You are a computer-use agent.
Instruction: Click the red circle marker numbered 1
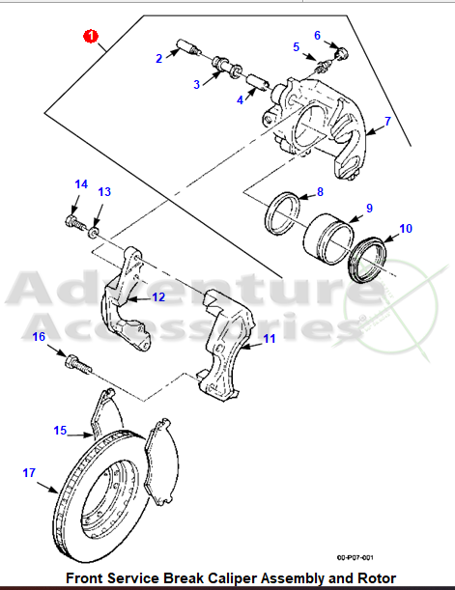[90, 37]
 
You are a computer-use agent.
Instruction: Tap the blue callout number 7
[387, 121]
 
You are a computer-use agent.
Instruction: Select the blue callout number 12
[158, 297]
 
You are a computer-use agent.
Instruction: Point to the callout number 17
[29, 472]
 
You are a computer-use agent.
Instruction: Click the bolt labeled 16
[78, 364]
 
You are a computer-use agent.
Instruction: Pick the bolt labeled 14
[76, 223]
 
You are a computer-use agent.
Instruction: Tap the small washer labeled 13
[94, 232]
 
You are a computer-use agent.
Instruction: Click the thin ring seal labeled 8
[283, 212]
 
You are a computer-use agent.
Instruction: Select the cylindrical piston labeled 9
[328, 239]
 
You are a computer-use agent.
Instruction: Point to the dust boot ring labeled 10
[367, 260]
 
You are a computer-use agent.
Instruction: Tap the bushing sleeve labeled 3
[228, 67]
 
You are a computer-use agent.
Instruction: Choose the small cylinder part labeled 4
[258, 83]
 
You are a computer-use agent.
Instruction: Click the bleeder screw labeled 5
[324, 67]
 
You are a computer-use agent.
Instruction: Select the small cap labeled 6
[342, 53]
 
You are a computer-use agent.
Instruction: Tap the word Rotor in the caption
[377, 577]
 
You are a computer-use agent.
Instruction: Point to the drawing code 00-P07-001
[355, 557]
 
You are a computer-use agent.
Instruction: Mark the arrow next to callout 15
[80, 435]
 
